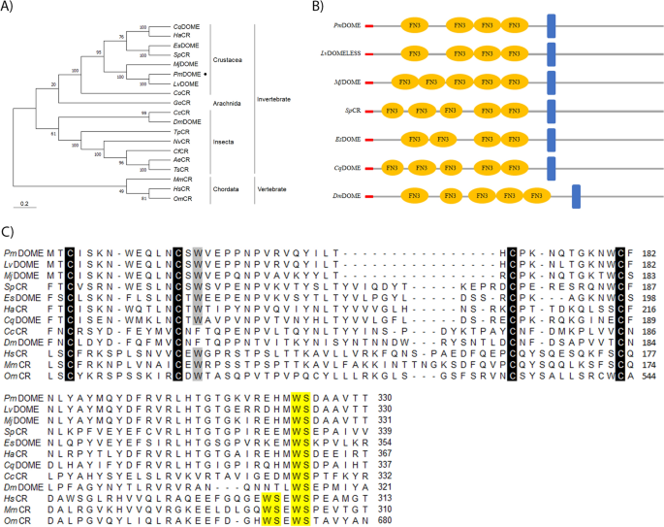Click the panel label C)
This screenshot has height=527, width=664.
click(8, 233)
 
